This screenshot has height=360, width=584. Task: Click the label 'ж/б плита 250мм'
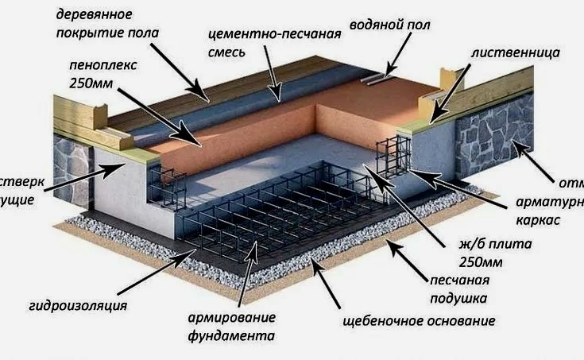488,252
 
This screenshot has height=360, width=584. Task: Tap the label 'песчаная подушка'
460,288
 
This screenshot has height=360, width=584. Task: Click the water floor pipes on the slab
373,77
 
